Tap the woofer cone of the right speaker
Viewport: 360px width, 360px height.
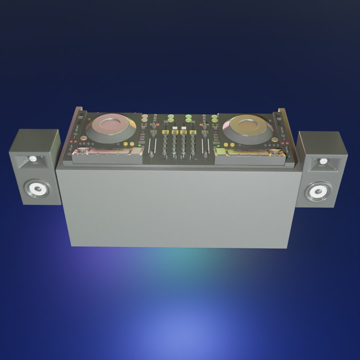point(318,191)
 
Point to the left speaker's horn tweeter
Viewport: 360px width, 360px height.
point(33,160)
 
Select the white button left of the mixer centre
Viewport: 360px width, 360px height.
point(175,128)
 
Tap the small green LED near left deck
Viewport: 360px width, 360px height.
point(139,146)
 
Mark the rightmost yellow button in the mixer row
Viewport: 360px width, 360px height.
point(192,132)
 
